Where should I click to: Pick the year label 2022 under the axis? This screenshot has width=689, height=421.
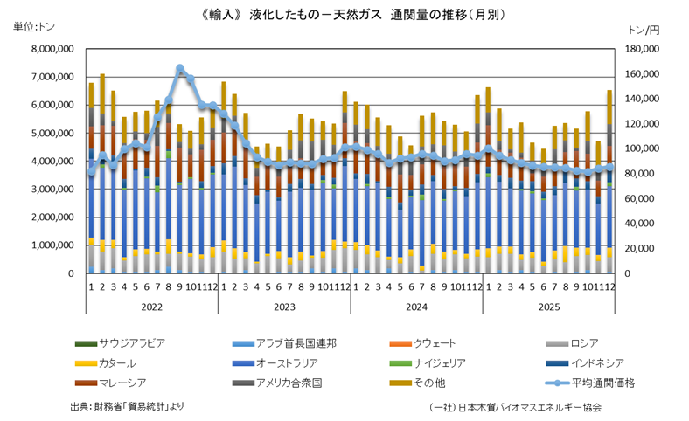tap(152, 307)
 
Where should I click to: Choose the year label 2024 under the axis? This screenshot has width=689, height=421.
tap(416, 307)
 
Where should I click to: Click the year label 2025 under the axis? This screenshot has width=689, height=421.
tap(548, 307)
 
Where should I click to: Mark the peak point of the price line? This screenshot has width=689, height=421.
tap(179, 68)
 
